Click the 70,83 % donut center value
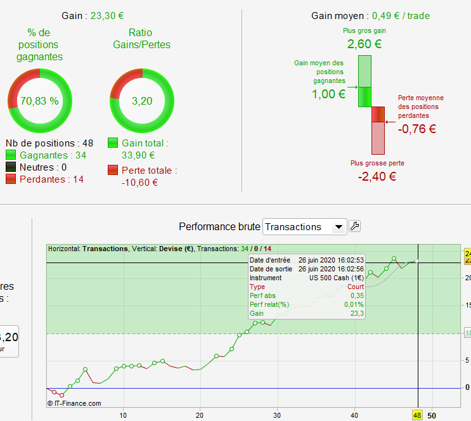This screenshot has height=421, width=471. click(x=39, y=101)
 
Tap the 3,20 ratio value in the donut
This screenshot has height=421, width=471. click(x=142, y=101)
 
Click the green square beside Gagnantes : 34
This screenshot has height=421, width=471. click(x=11, y=155)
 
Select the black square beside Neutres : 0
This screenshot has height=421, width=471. click(x=11, y=167)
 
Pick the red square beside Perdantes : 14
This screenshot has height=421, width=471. click(x=11, y=179)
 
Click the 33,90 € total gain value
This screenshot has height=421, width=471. click(x=138, y=155)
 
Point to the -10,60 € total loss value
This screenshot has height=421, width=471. click(x=139, y=183)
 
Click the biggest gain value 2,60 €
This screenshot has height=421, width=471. click(x=365, y=44)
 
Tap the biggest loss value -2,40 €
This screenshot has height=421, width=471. click(x=377, y=176)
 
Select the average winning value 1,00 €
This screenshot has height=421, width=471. click(x=328, y=94)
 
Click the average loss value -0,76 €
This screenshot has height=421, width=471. click(x=417, y=129)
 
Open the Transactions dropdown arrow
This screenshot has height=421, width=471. click(x=339, y=226)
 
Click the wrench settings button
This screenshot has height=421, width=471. click(x=355, y=226)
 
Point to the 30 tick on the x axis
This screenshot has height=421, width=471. click(x=277, y=415)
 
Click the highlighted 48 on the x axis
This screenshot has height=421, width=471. click(x=417, y=415)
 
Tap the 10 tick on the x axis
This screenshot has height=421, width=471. click(x=123, y=415)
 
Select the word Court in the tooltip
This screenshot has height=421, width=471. click(x=356, y=287)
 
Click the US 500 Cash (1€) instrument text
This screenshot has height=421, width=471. click(x=337, y=278)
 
